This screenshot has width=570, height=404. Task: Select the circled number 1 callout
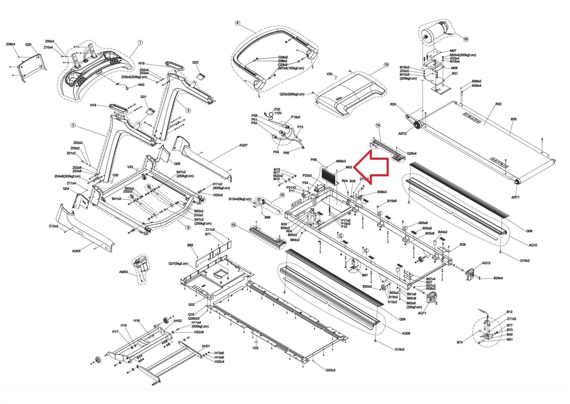pos(140,43)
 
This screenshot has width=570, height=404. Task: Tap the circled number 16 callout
pos(466,39)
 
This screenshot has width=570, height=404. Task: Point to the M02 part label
pos(349,167)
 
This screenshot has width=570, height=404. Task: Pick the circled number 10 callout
pos(386,65)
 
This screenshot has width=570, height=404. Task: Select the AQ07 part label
pos(243,145)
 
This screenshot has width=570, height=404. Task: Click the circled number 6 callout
pos(237,23)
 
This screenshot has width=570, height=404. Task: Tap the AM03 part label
pos(123,272)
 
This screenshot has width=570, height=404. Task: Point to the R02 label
pos(498,104)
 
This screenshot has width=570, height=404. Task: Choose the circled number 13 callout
pos(233,225)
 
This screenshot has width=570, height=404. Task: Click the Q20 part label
pos(28,45)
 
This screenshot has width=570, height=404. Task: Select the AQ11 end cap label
pos(422,313)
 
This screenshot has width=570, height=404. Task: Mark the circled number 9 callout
pos(188,228)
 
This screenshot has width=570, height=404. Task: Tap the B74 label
pos(460,342)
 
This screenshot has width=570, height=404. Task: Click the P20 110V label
pos(277,112)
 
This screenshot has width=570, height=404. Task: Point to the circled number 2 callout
pos(73,125)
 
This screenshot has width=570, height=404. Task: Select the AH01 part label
pos(206,346)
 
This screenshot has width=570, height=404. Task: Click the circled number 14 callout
pos(378,125)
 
